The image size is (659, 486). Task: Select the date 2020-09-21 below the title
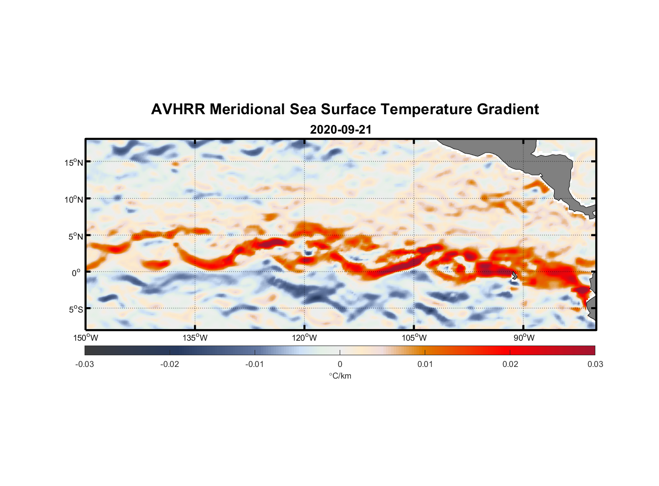click(x=340, y=130)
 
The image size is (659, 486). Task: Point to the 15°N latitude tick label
click(x=74, y=162)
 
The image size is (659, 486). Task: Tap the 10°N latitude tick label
click(x=74, y=199)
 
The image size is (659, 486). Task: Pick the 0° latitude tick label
click(x=77, y=273)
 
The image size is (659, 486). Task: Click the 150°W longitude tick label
click(x=86, y=338)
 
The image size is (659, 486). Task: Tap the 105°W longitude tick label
click(x=414, y=338)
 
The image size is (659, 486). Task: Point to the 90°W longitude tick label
click(x=523, y=338)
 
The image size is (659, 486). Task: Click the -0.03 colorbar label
click(x=85, y=364)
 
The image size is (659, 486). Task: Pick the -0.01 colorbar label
click(x=254, y=364)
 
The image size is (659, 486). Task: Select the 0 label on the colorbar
click(x=340, y=364)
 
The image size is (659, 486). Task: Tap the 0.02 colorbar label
click(x=510, y=364)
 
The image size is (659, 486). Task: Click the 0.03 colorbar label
click(x=595, y=364)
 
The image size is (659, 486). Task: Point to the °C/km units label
click(x=340, y=376)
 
